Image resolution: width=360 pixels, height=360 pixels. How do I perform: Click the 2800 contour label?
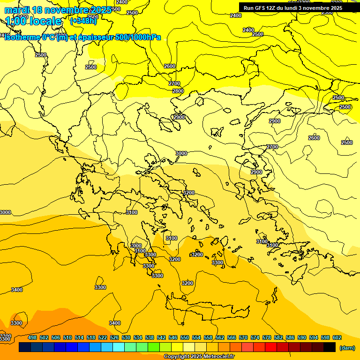click(178, 91)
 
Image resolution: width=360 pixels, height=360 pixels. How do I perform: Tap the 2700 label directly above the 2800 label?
click(174, 83)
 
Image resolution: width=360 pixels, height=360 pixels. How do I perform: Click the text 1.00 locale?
click(33, 21)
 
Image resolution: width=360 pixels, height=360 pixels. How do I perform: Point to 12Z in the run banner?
click(277, 8)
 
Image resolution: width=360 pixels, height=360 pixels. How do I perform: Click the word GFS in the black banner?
click(264, 8)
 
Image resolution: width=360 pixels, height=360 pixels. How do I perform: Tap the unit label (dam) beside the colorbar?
click(347, 348)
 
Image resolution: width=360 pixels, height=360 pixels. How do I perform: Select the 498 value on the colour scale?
click(32, 337)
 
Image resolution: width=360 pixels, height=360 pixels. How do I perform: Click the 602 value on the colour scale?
click(337, 337)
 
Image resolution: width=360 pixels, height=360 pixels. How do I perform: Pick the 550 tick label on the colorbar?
click(185, 337)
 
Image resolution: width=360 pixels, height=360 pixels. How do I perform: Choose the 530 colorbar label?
click(126, 337)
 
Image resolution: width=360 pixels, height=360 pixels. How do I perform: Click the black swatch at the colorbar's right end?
click(330, 347)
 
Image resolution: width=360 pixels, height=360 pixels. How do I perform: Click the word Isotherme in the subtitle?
click(22, 37)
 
